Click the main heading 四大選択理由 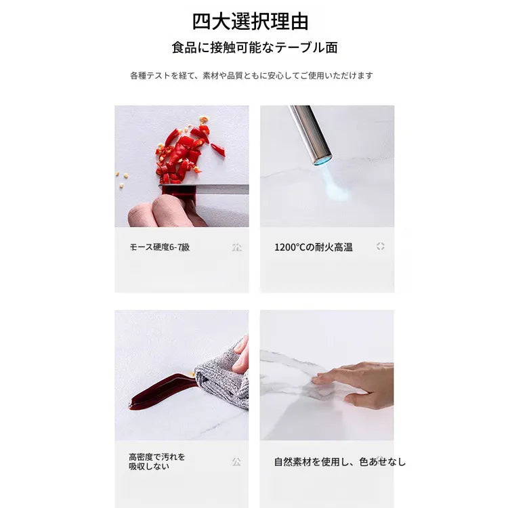coord(250,22)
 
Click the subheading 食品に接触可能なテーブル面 coord(255,47)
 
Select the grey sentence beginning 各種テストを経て coord(251,75)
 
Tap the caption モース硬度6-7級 coord(160,247)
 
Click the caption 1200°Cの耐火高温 coord(314,247)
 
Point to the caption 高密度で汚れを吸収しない coord(157,461)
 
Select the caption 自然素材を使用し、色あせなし coord(339,461)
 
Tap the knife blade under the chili coord(204,189)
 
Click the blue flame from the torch coord(334,182)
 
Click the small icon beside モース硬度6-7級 coord(237,247)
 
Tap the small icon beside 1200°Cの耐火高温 coord(381,247)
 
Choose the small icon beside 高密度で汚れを coord(236,461)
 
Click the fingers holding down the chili coord(165,211)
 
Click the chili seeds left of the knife coord(121,179)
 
